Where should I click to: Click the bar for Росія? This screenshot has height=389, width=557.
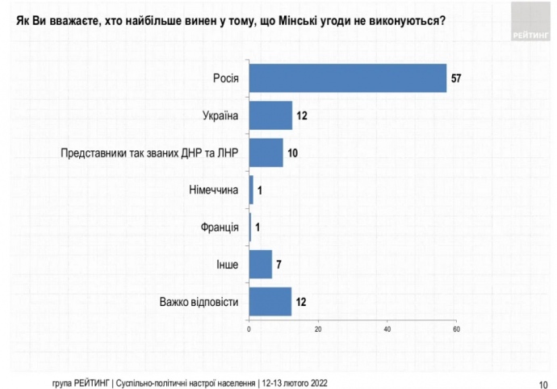tap(348, 77)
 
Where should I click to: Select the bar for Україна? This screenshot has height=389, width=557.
tap(270, 115)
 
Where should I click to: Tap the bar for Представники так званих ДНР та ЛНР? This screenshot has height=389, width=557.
tap(266, 153)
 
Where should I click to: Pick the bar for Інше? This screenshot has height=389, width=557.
tap(261, 264)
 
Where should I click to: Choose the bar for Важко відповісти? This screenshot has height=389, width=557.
tap(270, 302)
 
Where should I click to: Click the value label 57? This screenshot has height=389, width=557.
tap(457, 77)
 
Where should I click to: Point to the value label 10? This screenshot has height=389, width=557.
tap(294, 153)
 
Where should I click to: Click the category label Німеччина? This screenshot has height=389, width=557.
tap(213, 190)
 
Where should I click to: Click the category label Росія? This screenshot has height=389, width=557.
tap(225, 77)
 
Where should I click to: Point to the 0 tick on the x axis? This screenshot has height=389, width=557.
tap(249, 329)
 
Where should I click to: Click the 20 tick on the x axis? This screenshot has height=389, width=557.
tap(318, 329)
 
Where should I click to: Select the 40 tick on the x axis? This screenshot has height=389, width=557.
tap(387, 329)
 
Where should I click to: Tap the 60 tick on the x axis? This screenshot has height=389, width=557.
tap(457, 329)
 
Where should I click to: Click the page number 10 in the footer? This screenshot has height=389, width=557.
tap(542, 383)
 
